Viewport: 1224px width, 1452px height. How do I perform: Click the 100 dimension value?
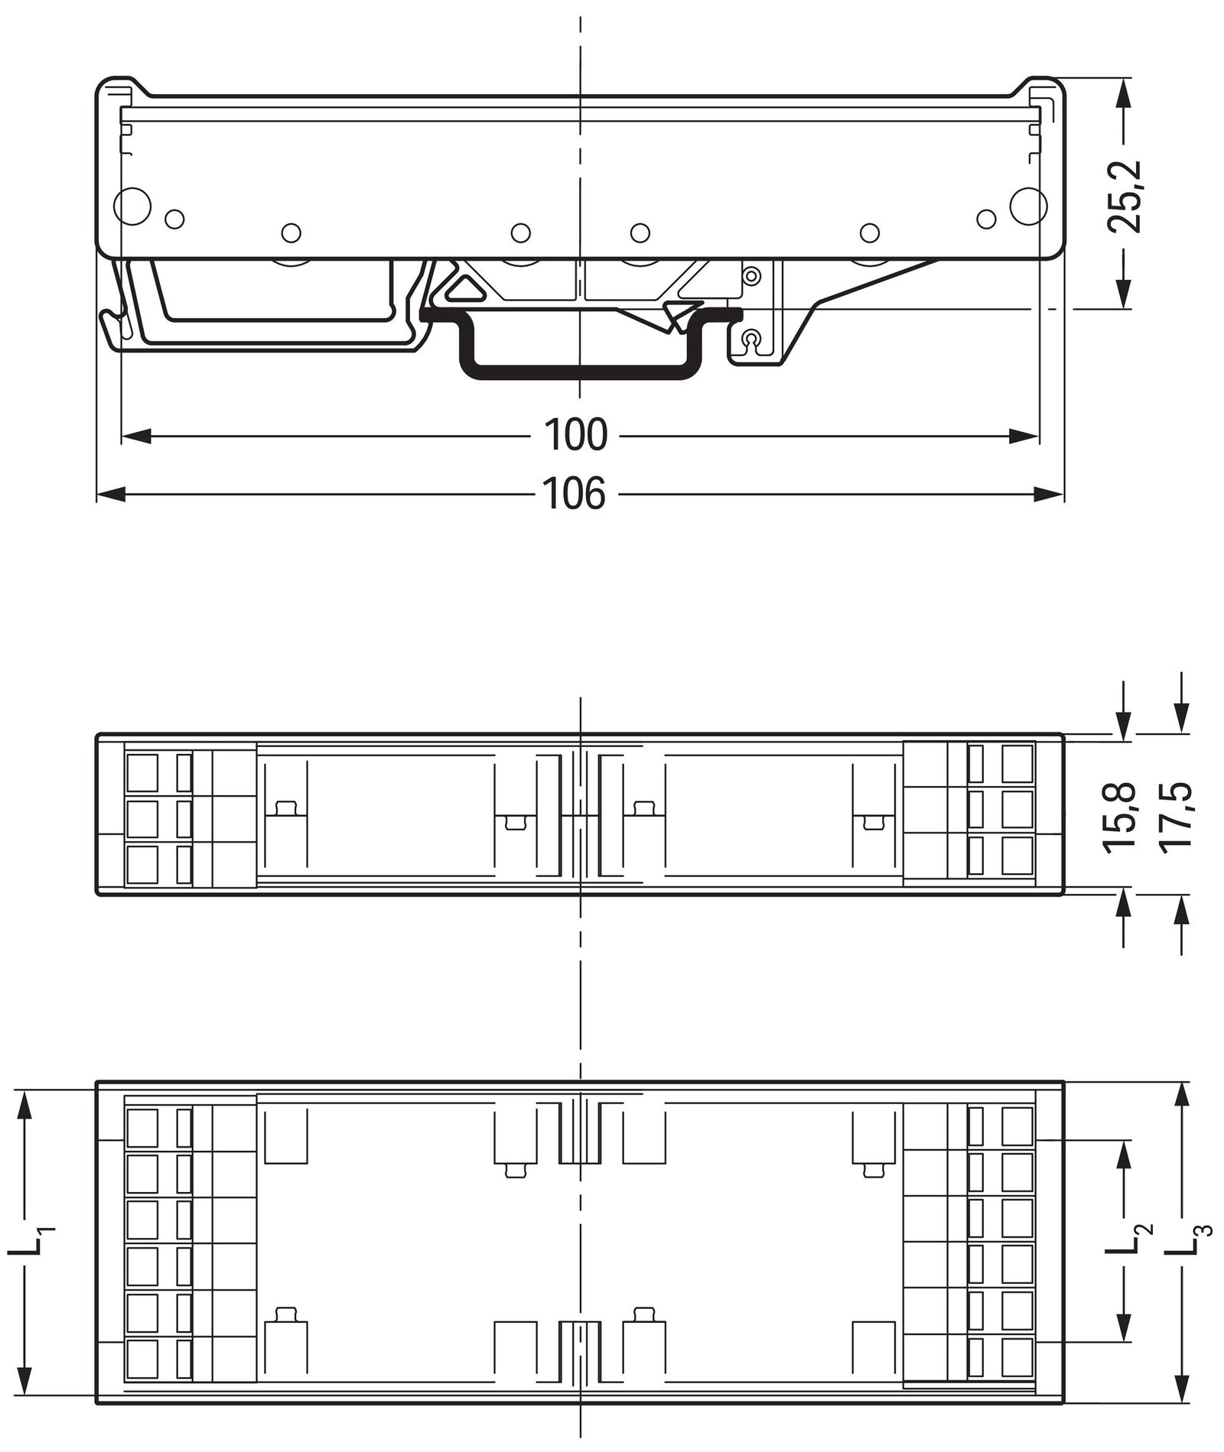point(575,434)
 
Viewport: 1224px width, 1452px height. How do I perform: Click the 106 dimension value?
point(574,494)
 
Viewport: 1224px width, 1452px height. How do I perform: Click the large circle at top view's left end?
point(132,205)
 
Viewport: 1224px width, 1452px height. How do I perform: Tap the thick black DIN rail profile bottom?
point(579,373)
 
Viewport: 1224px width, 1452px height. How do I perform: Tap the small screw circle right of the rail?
point(752,337)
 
